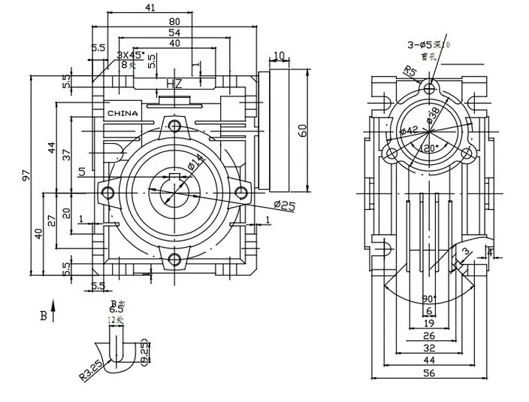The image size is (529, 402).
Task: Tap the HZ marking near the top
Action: pyautogui.click(x=174, y=84)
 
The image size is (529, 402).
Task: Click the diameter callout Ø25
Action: pyautogui.click(x=287, y=206)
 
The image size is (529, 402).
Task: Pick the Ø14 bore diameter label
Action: pyautogui.click(x=193, y=163)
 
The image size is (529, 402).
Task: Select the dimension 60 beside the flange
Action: pyautogui.click(x=303, y=129)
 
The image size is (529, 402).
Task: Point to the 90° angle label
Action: pyautogui.click(x=428, y=299)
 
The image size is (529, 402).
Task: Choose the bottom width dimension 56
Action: pyautogui.click(x=428, y=372)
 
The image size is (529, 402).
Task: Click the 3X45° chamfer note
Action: pyautogui.click(x=131, y=55)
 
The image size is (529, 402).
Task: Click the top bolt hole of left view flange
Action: pyautogui.click(x=174, y=125)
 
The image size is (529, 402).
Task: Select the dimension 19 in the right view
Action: pyautogui.click(x=428, y=323)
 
